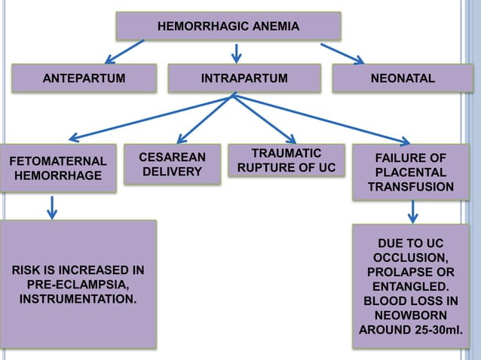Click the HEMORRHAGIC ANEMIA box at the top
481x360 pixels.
point(228,27)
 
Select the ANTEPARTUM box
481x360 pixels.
point(83,78)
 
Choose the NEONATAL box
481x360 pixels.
point(403,78)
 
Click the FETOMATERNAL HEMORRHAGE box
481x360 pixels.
point(57,168)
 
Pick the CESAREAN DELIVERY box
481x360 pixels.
point(172,163)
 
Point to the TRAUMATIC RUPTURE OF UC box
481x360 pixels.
point(286,160)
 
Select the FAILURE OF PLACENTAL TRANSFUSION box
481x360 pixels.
point(411,172)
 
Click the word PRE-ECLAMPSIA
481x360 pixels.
point(78,285)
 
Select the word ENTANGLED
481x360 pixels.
point(411,286)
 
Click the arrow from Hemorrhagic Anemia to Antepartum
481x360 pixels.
point(124,51)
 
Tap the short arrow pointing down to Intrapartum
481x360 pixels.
point(236,52)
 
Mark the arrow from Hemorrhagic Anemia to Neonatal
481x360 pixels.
point(343,53)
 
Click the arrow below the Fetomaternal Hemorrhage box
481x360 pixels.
point(52,206)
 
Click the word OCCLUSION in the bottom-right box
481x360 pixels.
point(411,257)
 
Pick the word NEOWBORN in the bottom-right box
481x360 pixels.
point(411,315)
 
